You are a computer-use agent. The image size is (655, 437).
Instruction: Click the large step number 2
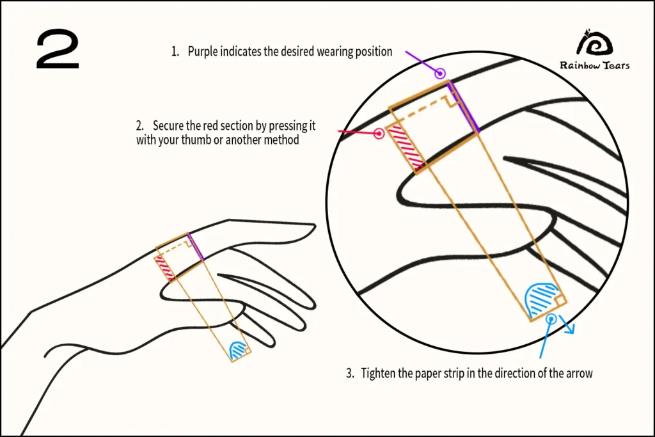(58, 49)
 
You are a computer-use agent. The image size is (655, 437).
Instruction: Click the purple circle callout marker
(440, 74)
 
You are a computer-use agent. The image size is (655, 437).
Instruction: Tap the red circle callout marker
(379, 133)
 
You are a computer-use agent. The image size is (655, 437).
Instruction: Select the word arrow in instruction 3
(579, 374)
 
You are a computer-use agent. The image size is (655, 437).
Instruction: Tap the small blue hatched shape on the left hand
(239, 350)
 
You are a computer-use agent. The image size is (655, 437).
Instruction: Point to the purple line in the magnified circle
(463, 107)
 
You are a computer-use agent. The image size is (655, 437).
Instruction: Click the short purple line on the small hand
(196, 248)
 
